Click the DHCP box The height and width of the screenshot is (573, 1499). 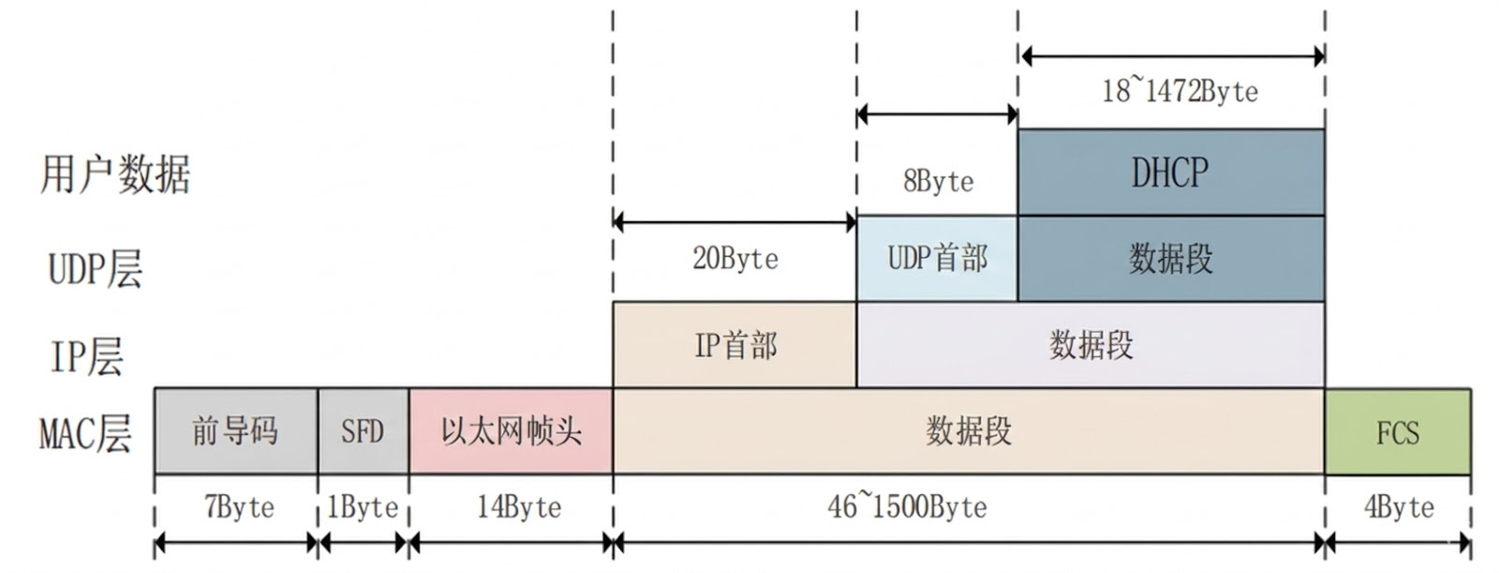click(1170, 173)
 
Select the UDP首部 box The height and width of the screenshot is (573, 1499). click(937, 258)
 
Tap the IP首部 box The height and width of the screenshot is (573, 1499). click(735, 345)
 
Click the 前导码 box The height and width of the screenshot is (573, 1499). click(235, 431)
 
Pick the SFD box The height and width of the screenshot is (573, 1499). click(363, 431)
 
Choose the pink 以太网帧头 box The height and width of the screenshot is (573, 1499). click(511, 431)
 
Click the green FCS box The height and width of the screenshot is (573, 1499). click(1397, 432)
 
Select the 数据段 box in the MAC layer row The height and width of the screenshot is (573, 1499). click(968, 431)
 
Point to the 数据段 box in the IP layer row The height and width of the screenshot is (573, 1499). click(1091, 345)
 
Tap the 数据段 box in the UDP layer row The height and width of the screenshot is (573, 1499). click(1170, 258)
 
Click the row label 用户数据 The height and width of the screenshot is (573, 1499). click(115, 174)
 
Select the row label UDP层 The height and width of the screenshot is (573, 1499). click(95, 268)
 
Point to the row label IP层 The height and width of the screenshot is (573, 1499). click(86, 356)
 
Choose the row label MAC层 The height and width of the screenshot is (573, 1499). click(85, 434)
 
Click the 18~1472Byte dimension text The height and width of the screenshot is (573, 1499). click(1179, 91)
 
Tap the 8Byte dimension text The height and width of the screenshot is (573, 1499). click(938, 181)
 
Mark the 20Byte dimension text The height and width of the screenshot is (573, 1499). click(735, 258)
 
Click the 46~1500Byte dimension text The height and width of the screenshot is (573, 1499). click(907, 507)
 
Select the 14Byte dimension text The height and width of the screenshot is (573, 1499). click(519, 507)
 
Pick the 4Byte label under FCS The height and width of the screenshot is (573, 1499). click(1398, 507)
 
